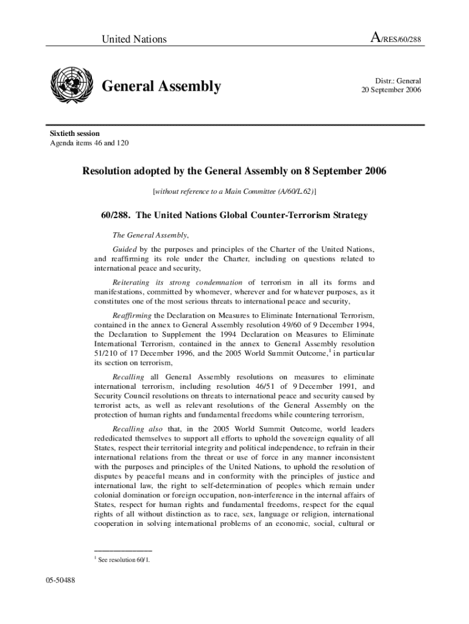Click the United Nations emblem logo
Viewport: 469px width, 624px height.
point(71,86)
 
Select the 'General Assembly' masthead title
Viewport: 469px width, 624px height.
point(161,87)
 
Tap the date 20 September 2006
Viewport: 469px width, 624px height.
point(390,90)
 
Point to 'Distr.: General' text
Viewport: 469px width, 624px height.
point(398,80)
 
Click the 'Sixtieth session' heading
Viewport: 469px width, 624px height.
point(74,133)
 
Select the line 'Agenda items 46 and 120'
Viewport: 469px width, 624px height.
point(89,143)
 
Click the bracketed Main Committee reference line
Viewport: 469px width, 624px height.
point(234,191)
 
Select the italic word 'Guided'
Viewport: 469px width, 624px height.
point(125,249)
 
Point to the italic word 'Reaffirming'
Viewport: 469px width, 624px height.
point(132,316)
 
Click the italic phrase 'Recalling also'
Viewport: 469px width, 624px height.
point(137,430)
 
